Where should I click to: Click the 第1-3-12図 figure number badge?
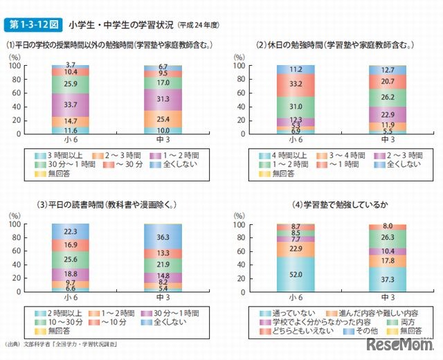pyautogui.click(x=32, y=26)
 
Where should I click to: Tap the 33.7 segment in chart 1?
pyautogui.click(x=70, y=105)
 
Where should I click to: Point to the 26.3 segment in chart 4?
pyautogui.click(x=388, y=237)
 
